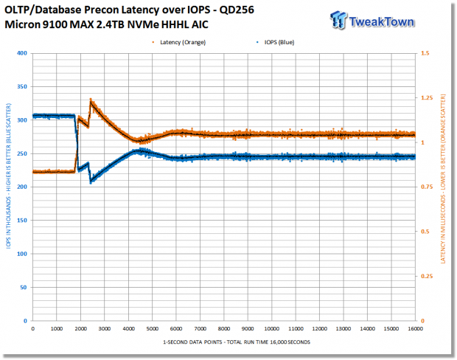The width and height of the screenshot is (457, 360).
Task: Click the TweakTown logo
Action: point(372,21)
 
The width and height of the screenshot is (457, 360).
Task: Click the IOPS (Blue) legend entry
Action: point(275,42)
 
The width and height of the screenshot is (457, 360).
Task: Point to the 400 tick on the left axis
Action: point(22,53)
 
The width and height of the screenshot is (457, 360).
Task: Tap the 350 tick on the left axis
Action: point(22,86)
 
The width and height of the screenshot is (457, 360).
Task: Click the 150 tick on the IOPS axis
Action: point(22,221)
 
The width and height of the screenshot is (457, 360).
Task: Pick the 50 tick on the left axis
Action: point(24,288)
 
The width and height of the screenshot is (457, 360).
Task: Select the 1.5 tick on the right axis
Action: point(425,53)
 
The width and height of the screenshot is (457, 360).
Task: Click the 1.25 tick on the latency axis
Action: point(427,97)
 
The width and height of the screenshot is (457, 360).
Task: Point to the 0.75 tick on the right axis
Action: point(427,187)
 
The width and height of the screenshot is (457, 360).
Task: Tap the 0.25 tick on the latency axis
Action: point(427,277)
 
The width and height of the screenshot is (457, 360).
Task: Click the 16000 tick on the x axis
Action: point(415,329)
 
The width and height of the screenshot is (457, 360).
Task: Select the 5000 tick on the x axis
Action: point(152,329)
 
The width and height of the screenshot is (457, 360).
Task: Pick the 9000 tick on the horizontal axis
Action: point(248,329)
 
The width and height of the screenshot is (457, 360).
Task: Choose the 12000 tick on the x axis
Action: point(319,329)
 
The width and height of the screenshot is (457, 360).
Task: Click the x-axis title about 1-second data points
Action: point(237,342)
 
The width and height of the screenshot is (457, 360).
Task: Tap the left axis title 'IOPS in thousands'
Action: point(8,176)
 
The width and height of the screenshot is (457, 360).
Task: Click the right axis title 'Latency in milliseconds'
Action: point(443,179)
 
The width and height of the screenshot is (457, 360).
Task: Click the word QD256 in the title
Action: point(237,10)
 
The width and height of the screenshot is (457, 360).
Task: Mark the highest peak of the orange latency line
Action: point(91,100)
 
